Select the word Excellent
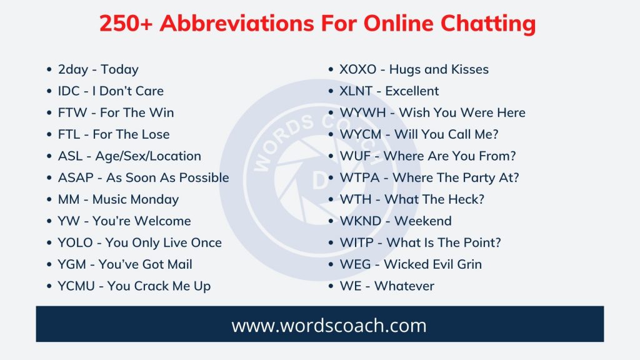[412, 91]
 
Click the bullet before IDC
[51, 91]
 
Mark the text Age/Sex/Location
[148, 156]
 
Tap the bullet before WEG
[332, 264]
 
